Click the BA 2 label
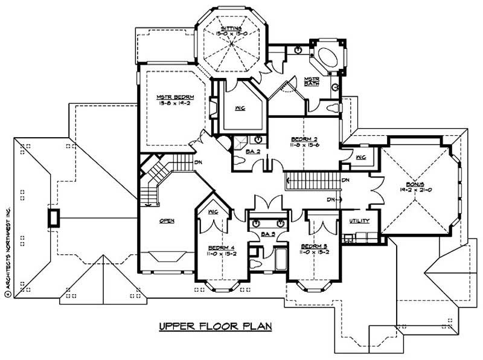click(x=253, y=151)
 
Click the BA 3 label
click(x=268, y=232)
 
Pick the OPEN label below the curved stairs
click(x=167, y=220)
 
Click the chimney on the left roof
click(x=54, y=217)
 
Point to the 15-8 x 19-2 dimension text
click(x=168, y=103)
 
